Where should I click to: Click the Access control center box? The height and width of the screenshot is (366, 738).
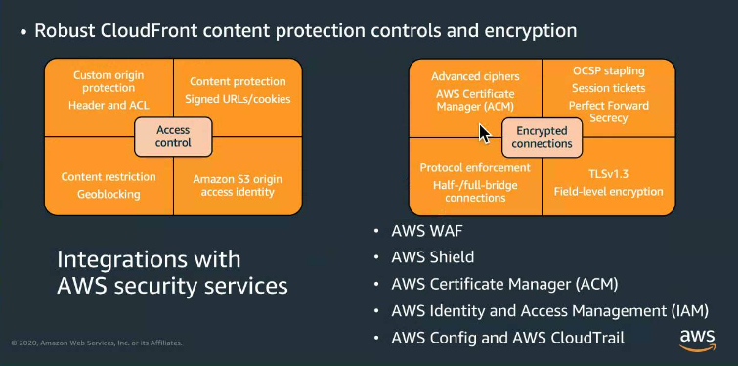[173, 136]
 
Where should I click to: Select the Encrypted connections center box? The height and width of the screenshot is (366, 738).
[542, 136]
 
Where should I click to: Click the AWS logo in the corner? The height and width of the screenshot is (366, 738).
[697, 339]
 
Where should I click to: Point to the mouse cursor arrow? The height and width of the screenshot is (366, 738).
[483, 132]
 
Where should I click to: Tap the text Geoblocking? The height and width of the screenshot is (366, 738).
[109, 194]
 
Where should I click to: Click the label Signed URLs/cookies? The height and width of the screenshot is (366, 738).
[238, 99]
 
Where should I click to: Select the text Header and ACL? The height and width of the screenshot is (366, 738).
[109, 105]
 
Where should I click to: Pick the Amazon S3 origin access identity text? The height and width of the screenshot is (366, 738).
[238, 184]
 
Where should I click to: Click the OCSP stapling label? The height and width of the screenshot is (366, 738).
[609, 71]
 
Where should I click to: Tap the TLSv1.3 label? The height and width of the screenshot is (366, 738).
[609, 169]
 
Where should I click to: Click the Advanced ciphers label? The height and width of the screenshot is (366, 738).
[475, 76]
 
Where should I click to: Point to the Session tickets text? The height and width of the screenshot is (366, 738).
[609, 88]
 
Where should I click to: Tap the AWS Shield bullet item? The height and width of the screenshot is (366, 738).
[432, 258]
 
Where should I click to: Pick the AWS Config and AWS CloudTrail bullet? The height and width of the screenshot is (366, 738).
[506, 338]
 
